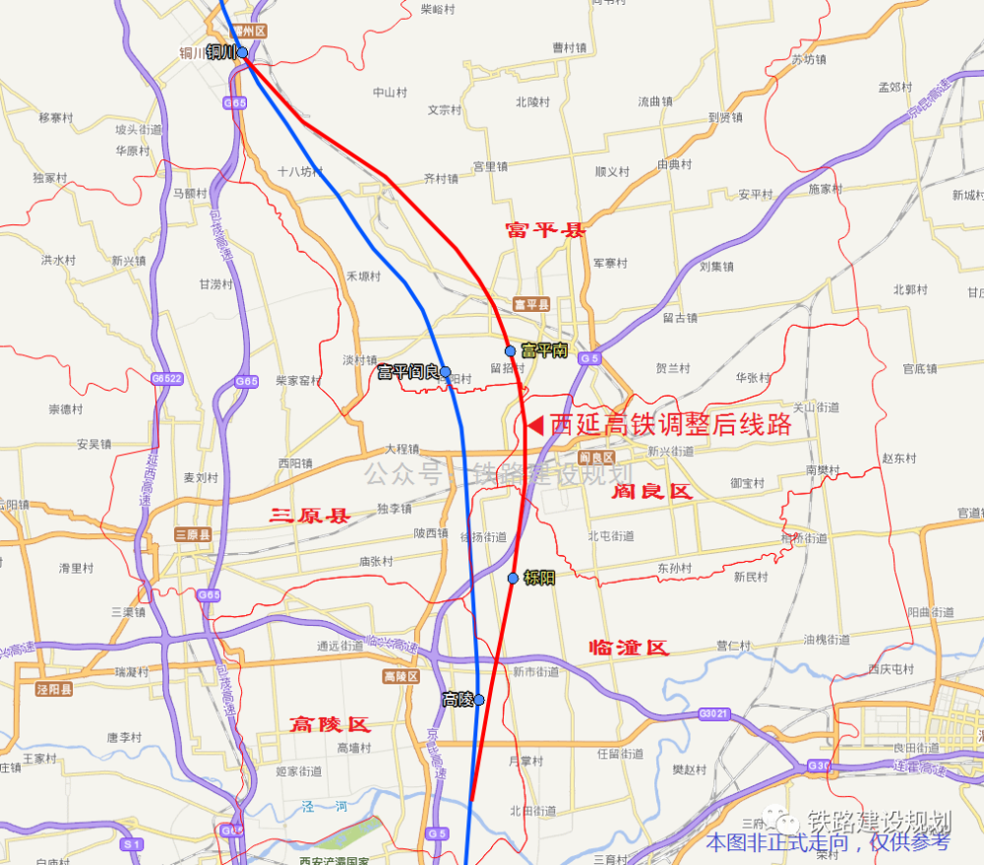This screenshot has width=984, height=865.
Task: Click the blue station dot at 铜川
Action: pyautogui.click(x=242, y=52)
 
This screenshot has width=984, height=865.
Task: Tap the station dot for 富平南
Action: pyautogui.click(x=510, y=351)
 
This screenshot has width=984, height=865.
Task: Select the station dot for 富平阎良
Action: pyautogui.click(x=446, y=372)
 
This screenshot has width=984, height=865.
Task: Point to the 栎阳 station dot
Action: pyautogui.click(x=513, y=578)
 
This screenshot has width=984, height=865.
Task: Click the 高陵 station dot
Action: pyautogui.click(x=479, y=700)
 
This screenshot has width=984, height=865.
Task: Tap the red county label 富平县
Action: pyautogui.click(x=545, y=230)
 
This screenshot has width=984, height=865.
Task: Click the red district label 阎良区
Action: pyautogui.click(x=651, y=491)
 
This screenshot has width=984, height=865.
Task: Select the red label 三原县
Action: pyautogui.click(x=310, y=514)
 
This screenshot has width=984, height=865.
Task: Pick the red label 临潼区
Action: pyautogui.click(x=628, y=647)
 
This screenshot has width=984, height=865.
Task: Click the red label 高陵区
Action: pyautogui.click(x=330, y=724)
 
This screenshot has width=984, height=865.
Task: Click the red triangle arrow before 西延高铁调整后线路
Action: pyautogui.click(x=535, y=426)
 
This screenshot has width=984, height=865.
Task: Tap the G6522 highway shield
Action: pyautogui.click(x=167, y=378)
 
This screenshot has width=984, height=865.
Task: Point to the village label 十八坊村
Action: pyautogui.click(x=299, y=171)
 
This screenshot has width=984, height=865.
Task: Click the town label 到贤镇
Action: pyautogui.click(x=725, y=117)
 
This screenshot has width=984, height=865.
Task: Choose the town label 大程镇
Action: pyautogui.click(x=402, y=448)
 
